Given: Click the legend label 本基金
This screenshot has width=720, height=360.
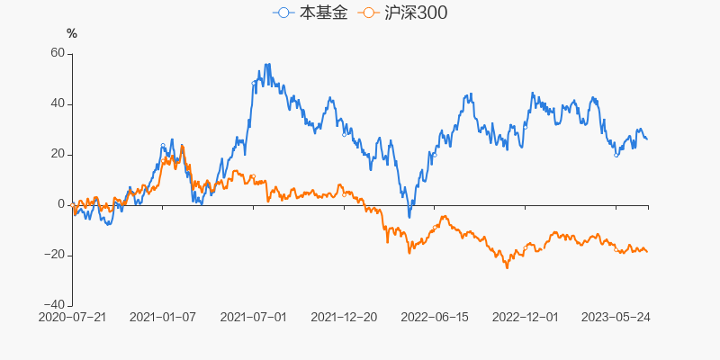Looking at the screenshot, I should [322, 13].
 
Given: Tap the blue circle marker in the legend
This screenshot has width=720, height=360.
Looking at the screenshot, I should [284, 13].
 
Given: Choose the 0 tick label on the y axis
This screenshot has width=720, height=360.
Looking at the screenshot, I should [62, 204].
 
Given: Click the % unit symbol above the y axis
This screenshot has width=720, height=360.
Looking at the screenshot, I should [72, 33].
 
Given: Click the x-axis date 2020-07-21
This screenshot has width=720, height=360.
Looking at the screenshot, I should [73, 318].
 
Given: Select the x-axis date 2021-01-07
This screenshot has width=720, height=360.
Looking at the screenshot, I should [163, 318].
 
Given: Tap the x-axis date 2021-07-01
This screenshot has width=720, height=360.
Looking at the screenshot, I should [253, 318].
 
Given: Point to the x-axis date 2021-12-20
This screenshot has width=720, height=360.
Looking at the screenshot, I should [343, 318].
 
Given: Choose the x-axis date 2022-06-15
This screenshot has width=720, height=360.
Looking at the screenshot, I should [435, 318].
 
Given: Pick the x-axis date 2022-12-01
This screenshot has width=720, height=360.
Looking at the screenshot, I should [526, 318].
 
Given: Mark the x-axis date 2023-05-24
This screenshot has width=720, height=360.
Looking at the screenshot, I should [616, 318].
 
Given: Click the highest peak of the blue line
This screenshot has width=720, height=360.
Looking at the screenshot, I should [267, 64].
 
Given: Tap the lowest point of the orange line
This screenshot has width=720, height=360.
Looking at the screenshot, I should [507, 268].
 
